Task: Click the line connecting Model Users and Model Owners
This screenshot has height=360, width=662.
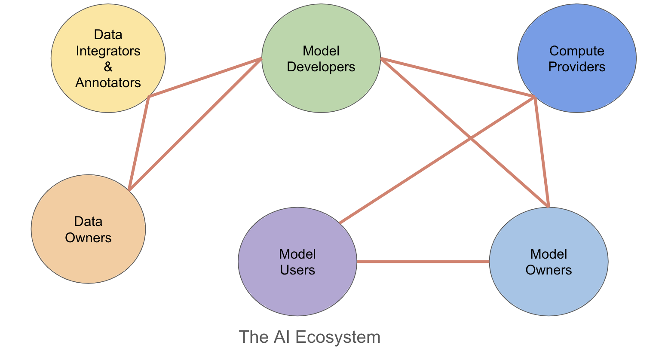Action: click(423, 261)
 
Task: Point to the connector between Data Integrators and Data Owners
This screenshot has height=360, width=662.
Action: click(138, 143)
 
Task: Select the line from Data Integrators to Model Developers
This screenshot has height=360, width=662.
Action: click(205, 77)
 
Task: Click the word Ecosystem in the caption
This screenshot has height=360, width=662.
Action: click(338, 337)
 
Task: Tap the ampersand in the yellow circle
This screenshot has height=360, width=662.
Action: click(108, 67)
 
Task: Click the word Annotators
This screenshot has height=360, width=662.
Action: click(108, 83)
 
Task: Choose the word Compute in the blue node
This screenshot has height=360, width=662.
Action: click(576, 51)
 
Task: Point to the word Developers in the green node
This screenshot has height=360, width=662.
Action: click(321, 67)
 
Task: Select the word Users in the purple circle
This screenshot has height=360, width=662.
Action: click(297, 270)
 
